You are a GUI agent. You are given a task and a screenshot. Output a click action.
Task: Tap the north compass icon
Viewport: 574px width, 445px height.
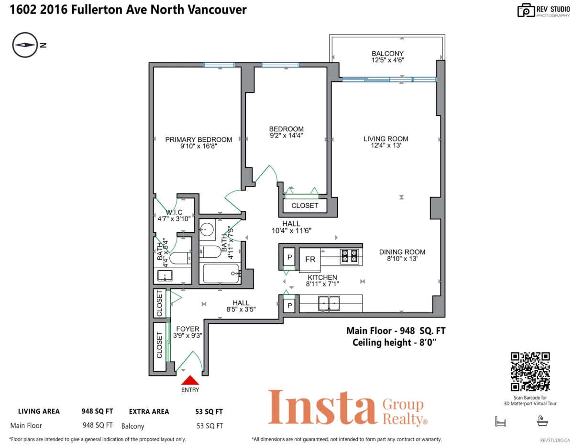pos(25,45)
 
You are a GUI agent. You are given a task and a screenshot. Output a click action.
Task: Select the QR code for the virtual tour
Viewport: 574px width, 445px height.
pos(530,372)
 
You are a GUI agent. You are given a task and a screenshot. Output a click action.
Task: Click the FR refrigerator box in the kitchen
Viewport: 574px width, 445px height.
pos(309,260)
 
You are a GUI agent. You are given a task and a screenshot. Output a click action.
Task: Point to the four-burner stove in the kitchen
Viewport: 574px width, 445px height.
pos(350,256)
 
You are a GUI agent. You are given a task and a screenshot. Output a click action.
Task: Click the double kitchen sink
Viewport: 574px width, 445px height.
pos(329,303)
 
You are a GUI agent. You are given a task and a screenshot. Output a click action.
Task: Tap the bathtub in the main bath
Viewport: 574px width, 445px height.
pos(221,273)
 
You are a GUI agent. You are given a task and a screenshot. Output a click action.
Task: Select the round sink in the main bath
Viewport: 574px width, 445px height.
pos(207,229)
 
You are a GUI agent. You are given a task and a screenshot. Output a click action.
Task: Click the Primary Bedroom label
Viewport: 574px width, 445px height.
pos(199,139)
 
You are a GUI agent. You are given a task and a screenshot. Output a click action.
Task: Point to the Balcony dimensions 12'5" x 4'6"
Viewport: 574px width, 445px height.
pos(387,60)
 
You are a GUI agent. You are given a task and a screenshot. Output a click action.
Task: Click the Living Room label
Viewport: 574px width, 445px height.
pos(386,139)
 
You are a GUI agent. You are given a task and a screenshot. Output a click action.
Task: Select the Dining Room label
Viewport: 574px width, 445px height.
pos(402,252)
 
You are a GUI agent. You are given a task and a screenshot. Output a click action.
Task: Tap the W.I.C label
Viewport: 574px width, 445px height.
pos(174,212)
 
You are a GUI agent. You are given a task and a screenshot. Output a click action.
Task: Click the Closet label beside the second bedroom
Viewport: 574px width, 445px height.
pos(305,205)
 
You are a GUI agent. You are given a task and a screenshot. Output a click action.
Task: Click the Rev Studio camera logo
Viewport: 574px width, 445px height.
pos(525,10)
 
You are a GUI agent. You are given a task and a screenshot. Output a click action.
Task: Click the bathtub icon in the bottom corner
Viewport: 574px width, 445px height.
pos(542,421)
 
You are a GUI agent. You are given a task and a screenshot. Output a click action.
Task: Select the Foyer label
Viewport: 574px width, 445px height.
pos(188,329)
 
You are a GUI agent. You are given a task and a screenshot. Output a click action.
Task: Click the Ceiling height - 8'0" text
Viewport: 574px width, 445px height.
pos(394,342)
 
